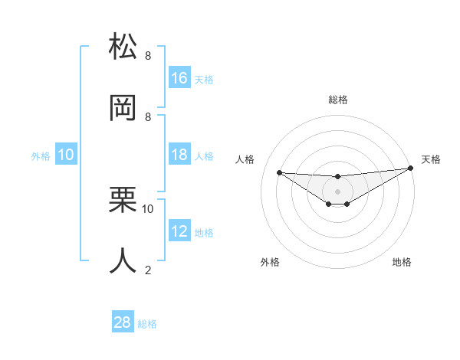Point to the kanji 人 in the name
[123, 260]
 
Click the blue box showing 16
[179, 78]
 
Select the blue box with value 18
[179, 155]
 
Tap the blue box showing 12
[179, 231]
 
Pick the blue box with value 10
[66, 155]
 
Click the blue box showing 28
[123, 322]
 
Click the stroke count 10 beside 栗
[148, 208]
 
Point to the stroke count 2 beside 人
[148, 270]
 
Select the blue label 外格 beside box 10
[41, 155]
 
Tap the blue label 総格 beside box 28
[147, 324]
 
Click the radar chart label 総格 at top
[337, 100]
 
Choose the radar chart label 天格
[431, 159]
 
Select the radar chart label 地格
[402, 262]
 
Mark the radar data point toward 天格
[410, 168]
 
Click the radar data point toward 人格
[280, 172]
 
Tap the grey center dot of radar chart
[337, 190]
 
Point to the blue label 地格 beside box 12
[204, 233]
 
